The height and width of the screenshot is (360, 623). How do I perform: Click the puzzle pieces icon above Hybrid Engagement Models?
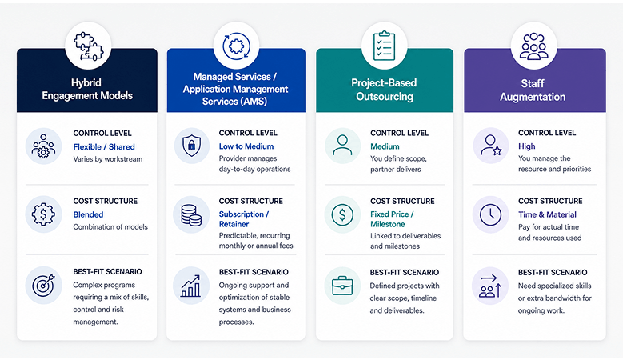point(89,46)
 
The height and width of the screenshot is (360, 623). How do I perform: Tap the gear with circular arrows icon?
point(237,46)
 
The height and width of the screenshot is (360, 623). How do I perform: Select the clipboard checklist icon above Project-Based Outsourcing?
point(384,46)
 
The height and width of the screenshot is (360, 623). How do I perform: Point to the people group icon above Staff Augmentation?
point(533,46)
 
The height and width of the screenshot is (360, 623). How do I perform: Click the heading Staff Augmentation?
point(533,90)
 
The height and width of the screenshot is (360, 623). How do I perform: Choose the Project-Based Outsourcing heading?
point(384,90)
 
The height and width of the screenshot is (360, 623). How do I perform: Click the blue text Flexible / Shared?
point(104,147)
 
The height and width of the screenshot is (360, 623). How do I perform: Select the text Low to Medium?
point(246,146)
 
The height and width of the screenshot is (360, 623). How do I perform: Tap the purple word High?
point(526,146)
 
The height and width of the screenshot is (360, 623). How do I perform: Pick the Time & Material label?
point(547,214)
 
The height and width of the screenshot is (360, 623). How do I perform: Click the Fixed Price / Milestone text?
point(392,219)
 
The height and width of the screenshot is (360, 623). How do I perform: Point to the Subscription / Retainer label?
point(244,219)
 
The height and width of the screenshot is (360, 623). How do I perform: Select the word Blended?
point(88,214)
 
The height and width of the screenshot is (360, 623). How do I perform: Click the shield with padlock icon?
point(191,146)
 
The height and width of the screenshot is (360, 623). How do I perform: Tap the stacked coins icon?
point(191,215)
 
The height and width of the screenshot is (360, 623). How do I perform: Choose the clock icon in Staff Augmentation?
point(491,215)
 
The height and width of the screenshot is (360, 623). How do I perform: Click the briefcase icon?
point(342,286)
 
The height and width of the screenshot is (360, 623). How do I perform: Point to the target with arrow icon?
point(43,285)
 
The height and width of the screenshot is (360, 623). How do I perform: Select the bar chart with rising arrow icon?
point(190,286)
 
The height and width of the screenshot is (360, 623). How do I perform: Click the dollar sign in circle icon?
point(342,215)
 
